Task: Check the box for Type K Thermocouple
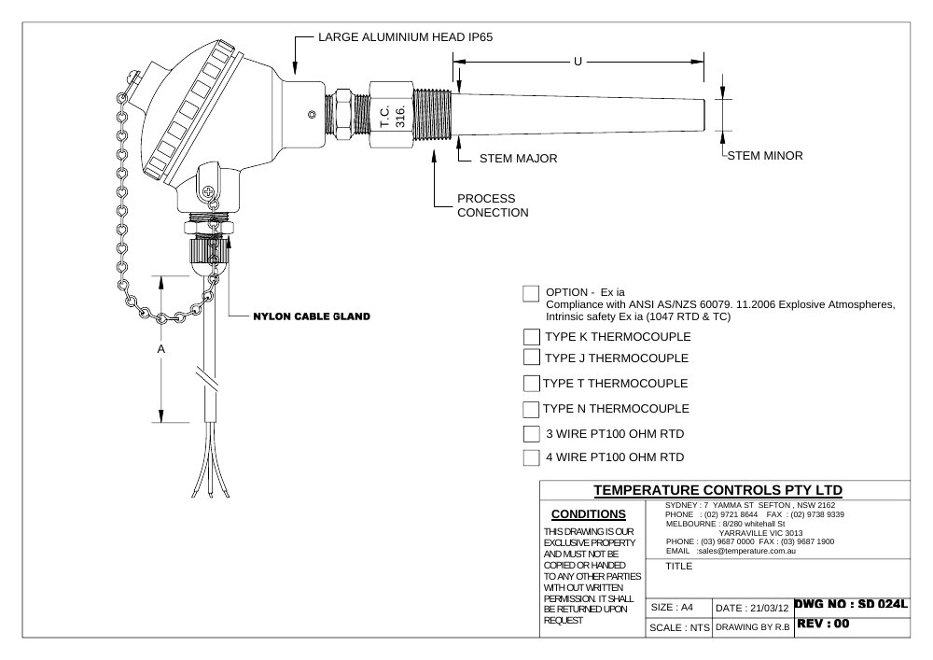pyautogui.click(x=532, y=337)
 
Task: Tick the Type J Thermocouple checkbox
pyautogui.click(x=532, y=358)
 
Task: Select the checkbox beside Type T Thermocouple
pyautogui.click(x=532, y=384)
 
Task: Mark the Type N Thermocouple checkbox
pyautogui.click(x=531, y=410)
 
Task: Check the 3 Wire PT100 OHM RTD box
pyautogui.click(x=532, y=434)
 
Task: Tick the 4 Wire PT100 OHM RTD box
pyautogui.click(x=532, y=457)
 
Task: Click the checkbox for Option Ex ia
pyautogui.click(x=531, y=293)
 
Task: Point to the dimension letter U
pyautogui.click(x=578, y=62)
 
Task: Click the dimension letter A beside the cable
pyautogui.click(x=160, y=349)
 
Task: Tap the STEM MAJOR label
pyautogui.click(x=518, y=159)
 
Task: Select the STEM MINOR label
pyautogui.click(x=765, y=155)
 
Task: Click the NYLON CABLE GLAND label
pyautogui.click(x=312, y=316)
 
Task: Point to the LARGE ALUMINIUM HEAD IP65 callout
pyautogui.click(x=405, y=37)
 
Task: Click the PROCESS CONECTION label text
pyautogui.click(x=493, y=205)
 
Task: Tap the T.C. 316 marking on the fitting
pyautogui.click(x=392, y=116)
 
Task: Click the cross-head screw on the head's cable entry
pyautogui.click(x=208, y=191)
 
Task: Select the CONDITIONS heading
pyautogui.click(x=589, y=514)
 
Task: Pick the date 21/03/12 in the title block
pyautogui.click(x=770, y=609)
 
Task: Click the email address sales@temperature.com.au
pyautogui.click(x=746, y=551)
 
